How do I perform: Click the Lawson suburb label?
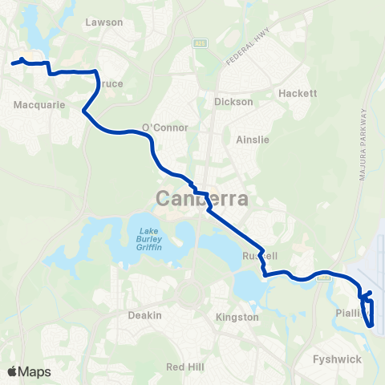103,23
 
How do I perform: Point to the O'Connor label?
164,128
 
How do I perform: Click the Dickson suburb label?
233,102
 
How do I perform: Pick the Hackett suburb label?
298,93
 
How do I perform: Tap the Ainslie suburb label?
253,139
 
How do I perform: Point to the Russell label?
260,256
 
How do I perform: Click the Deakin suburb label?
145,315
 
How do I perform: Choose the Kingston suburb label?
237,317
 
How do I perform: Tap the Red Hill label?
184,366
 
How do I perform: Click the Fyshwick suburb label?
338,359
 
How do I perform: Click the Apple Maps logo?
29,371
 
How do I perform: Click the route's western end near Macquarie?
14,61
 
